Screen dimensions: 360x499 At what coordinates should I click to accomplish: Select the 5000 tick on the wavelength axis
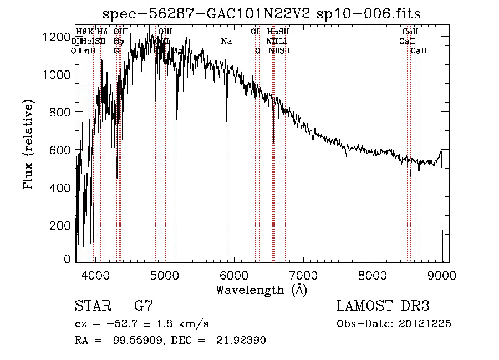[164, 275]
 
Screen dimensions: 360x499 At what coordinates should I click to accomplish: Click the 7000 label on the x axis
[303, 275]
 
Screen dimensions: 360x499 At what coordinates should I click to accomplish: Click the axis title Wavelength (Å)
[261, 290]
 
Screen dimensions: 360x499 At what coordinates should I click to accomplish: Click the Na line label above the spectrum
[226, 42]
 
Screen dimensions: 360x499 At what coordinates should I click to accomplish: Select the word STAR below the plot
[91, 306]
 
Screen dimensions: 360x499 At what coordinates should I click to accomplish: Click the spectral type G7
[144, 306]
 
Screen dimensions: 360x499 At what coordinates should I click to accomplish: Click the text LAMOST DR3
[383, 306]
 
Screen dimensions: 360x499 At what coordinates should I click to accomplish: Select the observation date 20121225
[424, 324]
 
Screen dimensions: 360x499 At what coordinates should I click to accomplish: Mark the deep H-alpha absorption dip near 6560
[273, 141]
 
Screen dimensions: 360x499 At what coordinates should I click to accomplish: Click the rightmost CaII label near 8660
[419, 51]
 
